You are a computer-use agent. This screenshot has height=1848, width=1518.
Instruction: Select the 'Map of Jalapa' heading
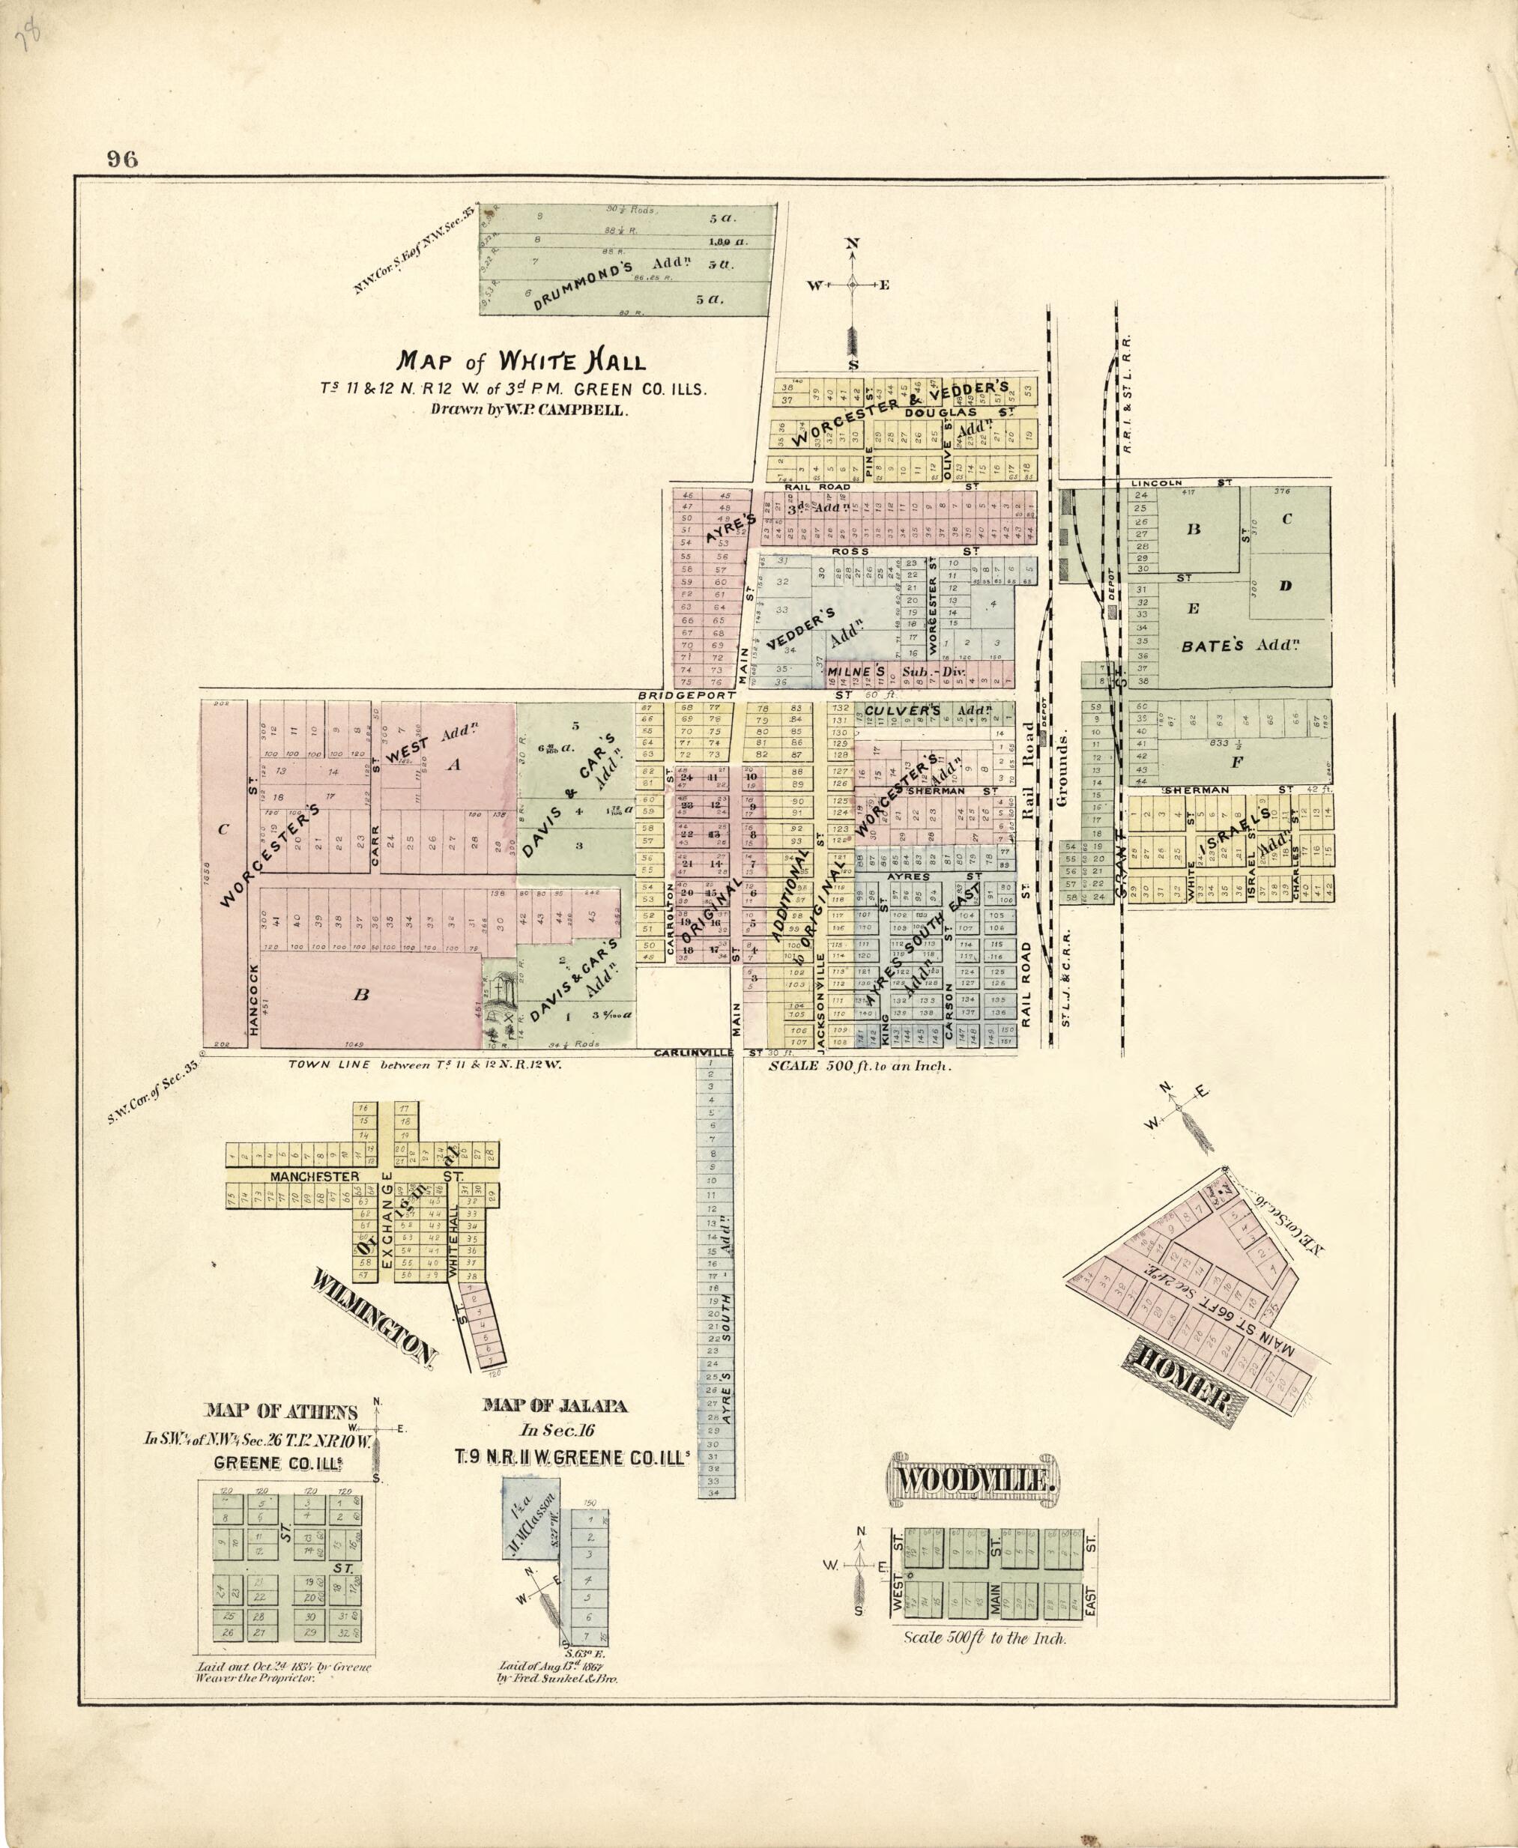click(555, 1407)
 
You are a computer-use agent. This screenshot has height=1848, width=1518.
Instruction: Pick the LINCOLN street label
click(1156, 482)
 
